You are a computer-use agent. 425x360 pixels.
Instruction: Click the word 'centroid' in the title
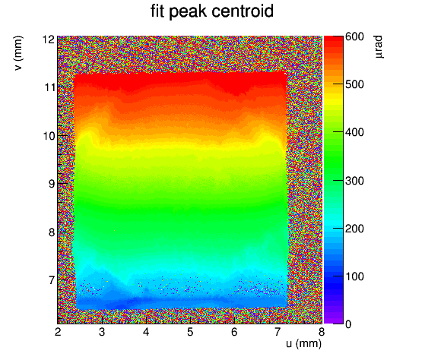point(242,11)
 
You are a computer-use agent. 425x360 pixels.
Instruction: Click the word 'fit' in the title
point(157,11)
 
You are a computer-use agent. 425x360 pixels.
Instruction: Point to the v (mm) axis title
point(18,53)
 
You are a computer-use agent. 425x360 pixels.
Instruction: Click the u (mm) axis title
point(303,344)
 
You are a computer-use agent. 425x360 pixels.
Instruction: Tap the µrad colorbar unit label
point(379,46)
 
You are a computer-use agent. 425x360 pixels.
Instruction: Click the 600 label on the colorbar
point(354,36)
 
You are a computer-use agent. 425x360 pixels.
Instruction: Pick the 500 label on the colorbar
point(354,85)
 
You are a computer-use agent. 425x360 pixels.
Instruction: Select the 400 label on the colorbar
point(354,133)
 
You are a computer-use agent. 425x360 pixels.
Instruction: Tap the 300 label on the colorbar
point(354,181)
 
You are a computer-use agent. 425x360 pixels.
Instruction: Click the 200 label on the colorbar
point(354,229)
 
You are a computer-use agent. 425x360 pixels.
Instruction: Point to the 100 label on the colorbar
point(354,276)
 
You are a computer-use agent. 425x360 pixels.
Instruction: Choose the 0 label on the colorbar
point(348,324)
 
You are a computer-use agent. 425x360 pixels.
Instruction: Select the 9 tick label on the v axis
point(52,184)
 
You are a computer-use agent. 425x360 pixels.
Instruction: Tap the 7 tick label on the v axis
point(52,280)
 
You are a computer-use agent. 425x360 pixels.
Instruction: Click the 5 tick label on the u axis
point(190,332)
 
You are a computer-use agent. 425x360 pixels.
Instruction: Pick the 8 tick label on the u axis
point(322,332)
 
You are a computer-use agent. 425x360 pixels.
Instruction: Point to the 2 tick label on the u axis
point(58,332)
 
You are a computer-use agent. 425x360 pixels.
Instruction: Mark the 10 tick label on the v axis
point(49,136)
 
